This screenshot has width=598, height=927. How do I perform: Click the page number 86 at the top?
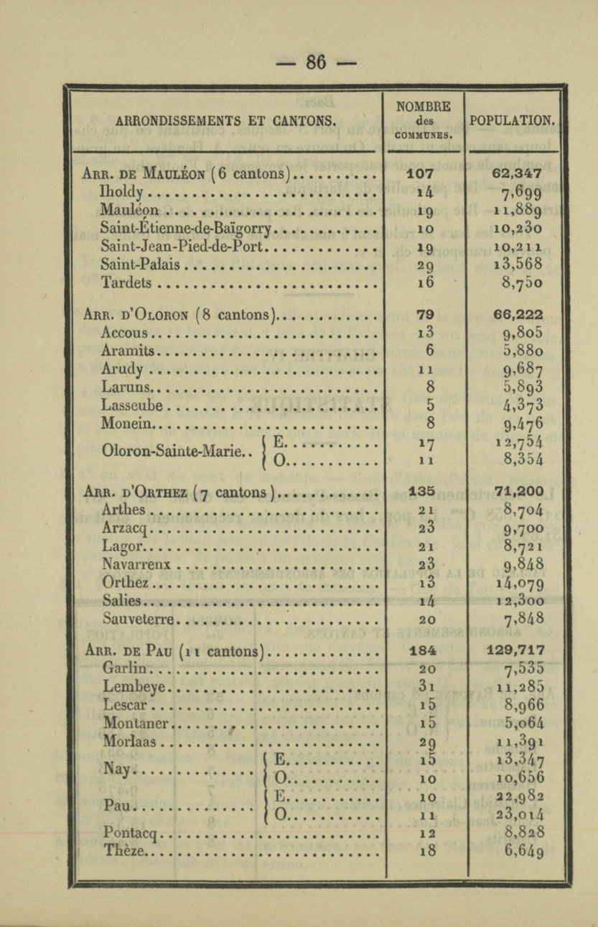tap(316, 63)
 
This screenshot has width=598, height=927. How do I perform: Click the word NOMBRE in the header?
tap(424, 106)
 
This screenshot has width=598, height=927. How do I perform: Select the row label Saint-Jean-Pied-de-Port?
tap(184, 246)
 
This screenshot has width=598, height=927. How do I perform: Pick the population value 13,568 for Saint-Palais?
tap(518, 264)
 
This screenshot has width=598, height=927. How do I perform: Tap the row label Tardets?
tap(127, 282)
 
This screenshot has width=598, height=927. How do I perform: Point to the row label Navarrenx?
tap(139, 564)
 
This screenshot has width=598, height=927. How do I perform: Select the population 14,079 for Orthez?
tap(518, 582)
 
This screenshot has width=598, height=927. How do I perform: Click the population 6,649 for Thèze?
tap(520, 852)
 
